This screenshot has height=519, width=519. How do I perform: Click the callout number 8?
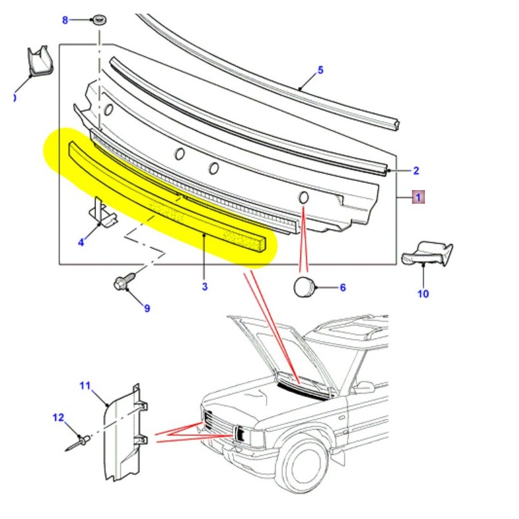pyautogui.click(x=65, y=20)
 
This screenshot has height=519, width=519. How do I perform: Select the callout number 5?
pyautogui.click(x=320, y=70)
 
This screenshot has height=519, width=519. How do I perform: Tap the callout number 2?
pyautogui.click(x=416, y=171)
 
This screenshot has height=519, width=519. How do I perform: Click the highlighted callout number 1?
pyautogui.click(x=418, y=197)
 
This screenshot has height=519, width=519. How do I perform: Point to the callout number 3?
pyautogui.click(x=204, y=286)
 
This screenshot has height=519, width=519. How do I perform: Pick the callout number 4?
pyautogui.click(x=81, y=243)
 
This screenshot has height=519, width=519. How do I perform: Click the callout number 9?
pyautogui.click(x=147, y=308)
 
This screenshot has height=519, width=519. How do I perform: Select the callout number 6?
pyautogui.click(x=343, y=287)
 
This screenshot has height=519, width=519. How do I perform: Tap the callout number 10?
pyautogui.click(x=423, y=293)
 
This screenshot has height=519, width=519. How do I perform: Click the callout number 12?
pyautogui.click(x=59, y=417)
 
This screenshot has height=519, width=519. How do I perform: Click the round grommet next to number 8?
pyautogui.click(x=100, y=19)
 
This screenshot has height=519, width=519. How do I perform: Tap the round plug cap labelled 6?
pyautogui.click(x=304, y=286)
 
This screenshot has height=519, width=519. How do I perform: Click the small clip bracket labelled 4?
pyautogui.click(x=103, y=212)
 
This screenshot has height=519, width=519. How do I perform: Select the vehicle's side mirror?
pyautogui.click(x=364, y=387)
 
